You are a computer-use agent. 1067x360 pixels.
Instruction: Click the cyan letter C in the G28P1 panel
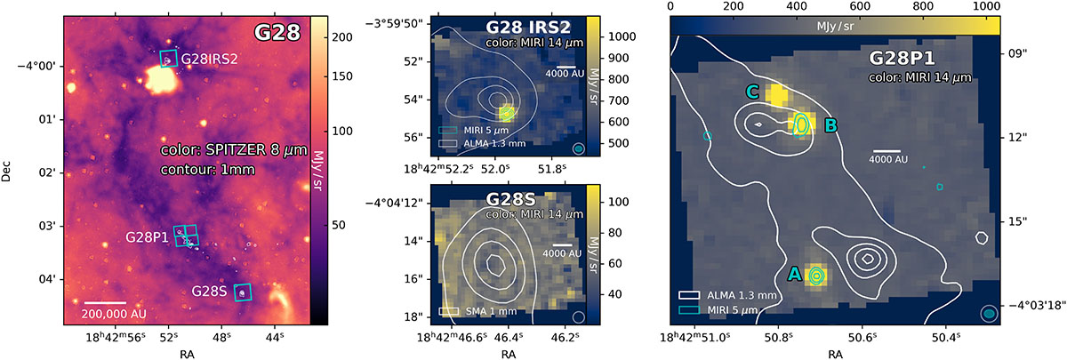point(752,92)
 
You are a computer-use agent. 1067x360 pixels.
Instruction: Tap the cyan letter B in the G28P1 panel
point(830,125)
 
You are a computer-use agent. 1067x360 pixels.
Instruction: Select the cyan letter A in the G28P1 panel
point(795,274)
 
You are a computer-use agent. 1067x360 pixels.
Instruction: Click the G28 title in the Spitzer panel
point(277,32)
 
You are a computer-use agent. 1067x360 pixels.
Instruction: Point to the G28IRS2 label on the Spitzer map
point(209,59)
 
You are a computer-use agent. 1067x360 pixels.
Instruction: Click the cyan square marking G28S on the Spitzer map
point(243,292)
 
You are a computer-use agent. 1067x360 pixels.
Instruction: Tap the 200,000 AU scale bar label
point(114,315)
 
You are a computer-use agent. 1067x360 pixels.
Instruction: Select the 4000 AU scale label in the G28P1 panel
point(888,159)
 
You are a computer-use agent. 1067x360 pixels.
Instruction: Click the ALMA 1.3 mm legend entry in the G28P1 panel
point(728,295)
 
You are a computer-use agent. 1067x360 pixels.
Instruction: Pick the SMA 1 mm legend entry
point(477,311)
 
